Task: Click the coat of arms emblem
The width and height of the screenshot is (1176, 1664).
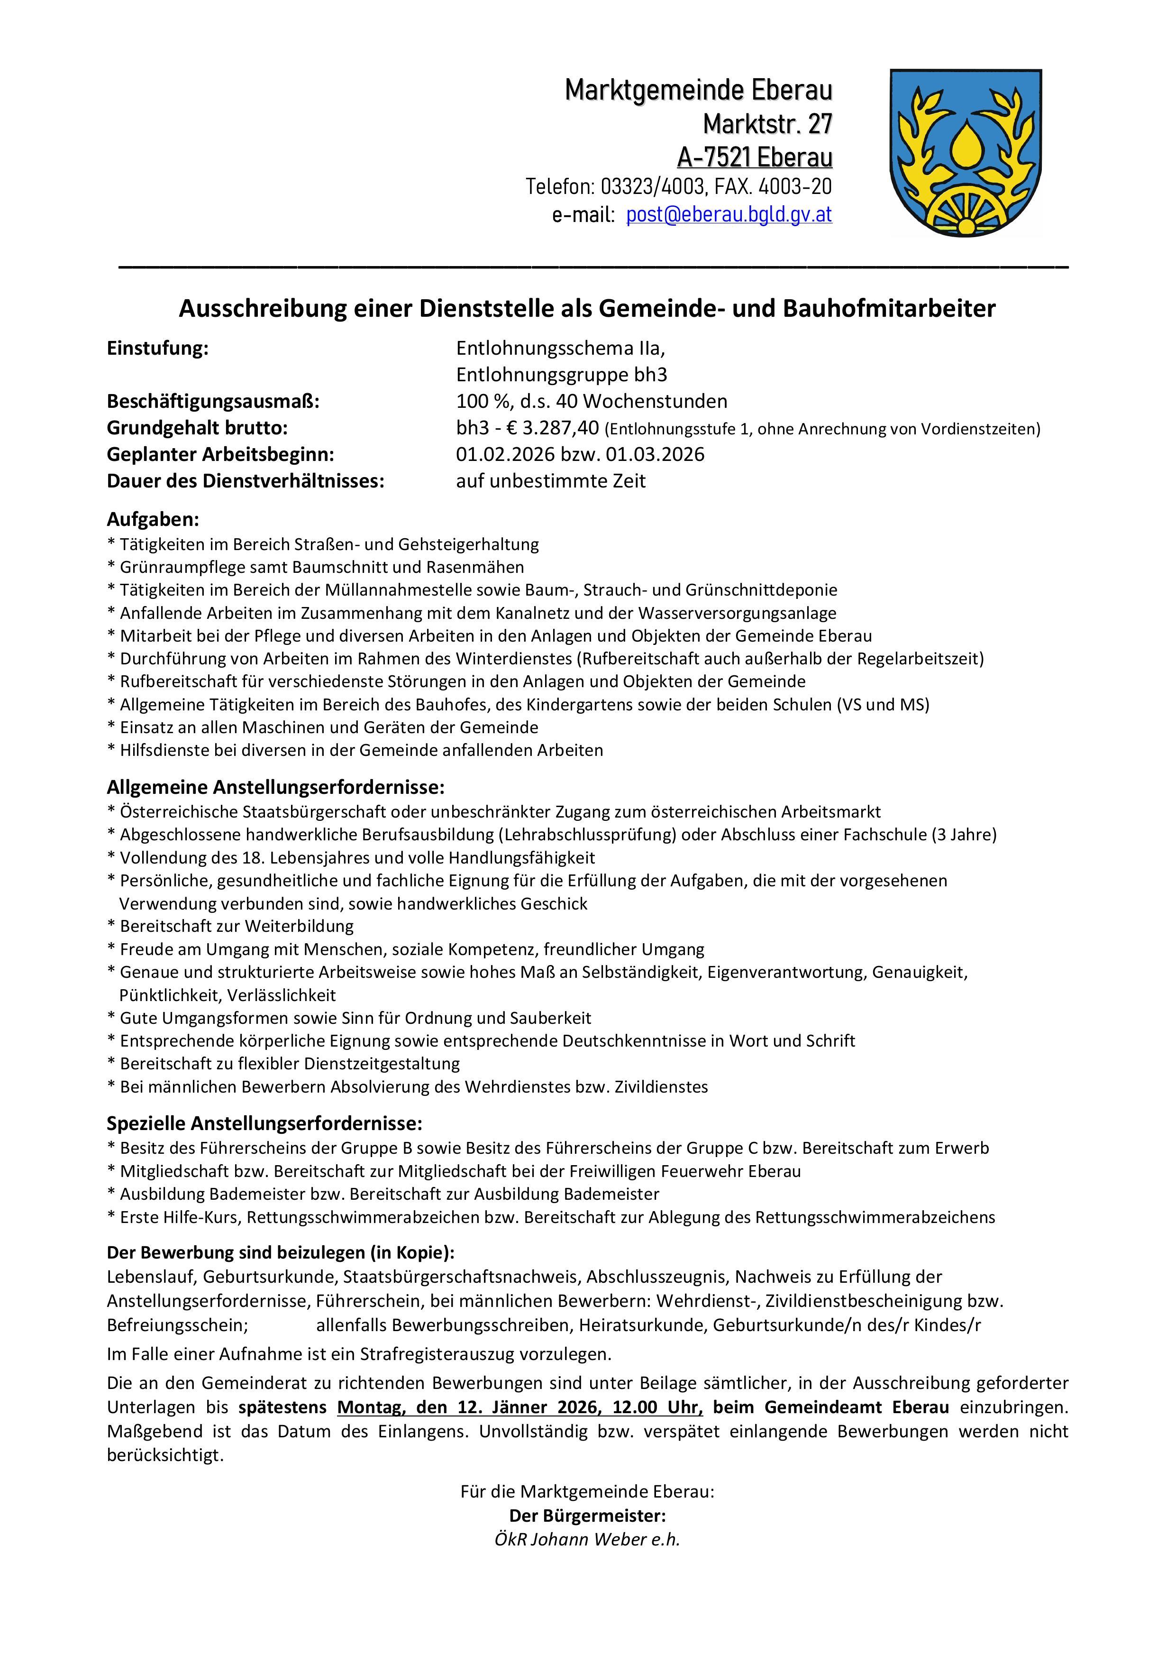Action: click(x=965, y=152)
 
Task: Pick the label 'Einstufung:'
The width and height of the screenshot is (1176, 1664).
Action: click(x=157, y=349)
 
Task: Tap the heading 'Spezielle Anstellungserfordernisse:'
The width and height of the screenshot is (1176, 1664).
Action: click(x=264, y=1123)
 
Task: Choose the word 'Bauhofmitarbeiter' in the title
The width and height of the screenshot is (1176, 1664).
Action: click(x=889, y=309)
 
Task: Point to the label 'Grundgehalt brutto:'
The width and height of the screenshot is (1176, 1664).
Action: click(x=197, y=428)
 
